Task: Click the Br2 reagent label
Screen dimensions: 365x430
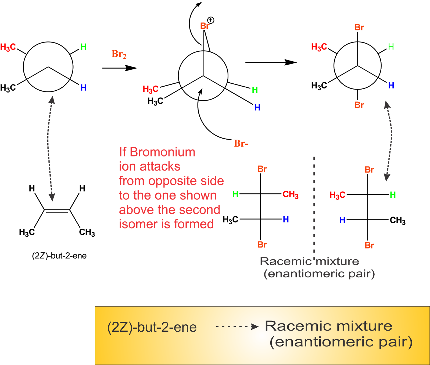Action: click(x=119, y=54)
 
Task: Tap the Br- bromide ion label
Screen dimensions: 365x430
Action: click(x=241, y=144)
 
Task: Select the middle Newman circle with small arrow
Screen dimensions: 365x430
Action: click(x=203, y=76)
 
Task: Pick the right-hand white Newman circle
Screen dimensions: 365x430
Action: click(x=357, y=65)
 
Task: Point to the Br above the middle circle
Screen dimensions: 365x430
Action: click(x=205, y=26)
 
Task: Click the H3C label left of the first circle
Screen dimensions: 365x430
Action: click(x=8, y=47)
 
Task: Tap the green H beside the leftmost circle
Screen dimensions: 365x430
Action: click(x=83, y=47)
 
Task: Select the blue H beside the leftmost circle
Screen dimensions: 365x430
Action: click(x=83, y=88)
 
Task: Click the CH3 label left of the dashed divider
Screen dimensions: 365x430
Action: click(x=291, y=194)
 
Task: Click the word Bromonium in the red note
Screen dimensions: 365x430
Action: click(x=162, y=152)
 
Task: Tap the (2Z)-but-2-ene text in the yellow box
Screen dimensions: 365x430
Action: click(x=152, y=327)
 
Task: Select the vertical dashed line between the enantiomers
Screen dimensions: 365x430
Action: click(x=314, y=204)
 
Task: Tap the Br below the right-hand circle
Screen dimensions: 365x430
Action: click(x=359, y=105)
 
